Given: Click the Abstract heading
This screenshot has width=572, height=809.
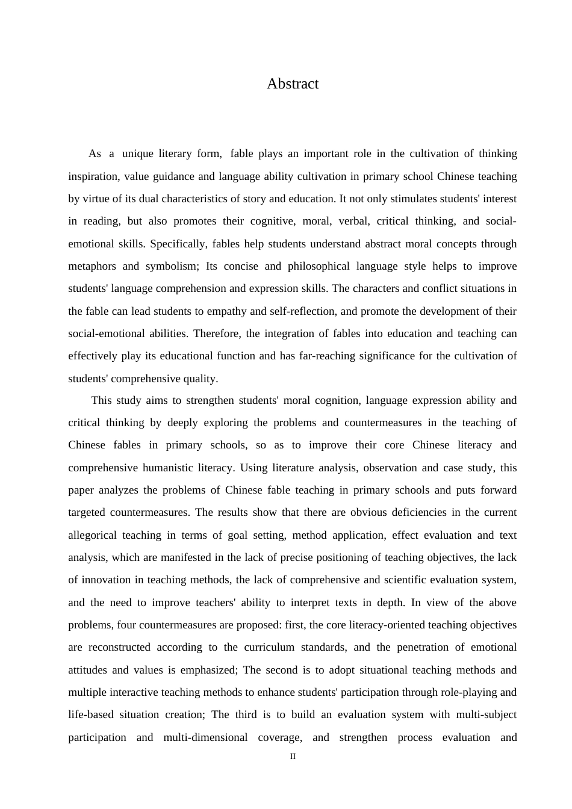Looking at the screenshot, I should [x=293, y=84].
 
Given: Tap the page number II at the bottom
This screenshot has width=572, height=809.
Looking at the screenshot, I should [x=293, y=757].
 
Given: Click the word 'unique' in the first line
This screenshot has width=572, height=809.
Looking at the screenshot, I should [x=138, y=153].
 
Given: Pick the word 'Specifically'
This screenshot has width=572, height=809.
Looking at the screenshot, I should [x=177, y=244].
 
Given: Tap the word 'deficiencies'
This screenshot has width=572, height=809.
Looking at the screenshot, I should [x=426, y=512].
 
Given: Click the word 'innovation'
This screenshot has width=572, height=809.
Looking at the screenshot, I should [x=105, y=580].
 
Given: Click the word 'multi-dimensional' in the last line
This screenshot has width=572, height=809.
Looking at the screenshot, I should [x=205, y=737].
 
